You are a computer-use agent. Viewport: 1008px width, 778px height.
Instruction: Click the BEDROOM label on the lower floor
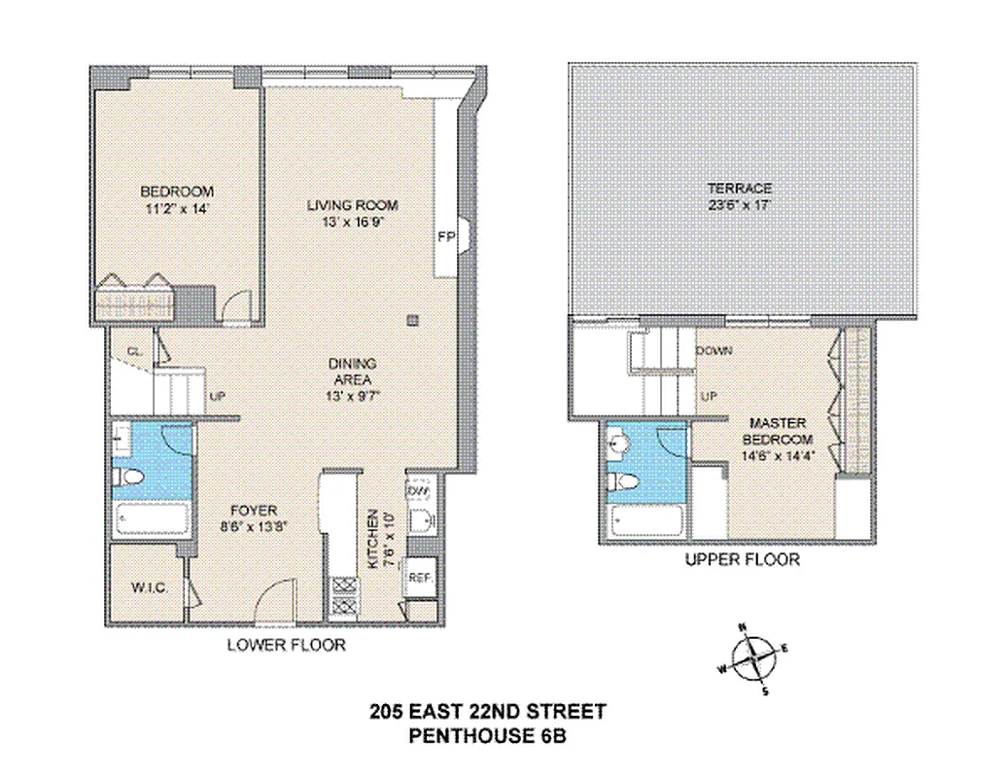coord(177,192)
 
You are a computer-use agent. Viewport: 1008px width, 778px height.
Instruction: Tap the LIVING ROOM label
coord(353,205)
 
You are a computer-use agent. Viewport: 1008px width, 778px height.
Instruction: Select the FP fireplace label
coord(446,236)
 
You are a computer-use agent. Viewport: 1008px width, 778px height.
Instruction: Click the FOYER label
coord(254,511)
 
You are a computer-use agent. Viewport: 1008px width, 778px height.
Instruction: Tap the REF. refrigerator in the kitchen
coord(420,576)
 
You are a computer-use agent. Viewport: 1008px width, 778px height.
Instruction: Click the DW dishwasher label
coord(418,491)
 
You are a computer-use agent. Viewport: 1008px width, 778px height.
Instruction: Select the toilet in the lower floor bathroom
coord(129,477)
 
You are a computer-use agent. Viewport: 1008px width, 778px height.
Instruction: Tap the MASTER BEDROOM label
coord(779,432)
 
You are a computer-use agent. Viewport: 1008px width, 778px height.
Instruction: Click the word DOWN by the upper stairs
coord(714,350)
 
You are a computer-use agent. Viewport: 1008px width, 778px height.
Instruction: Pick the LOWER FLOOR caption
coord(286,645)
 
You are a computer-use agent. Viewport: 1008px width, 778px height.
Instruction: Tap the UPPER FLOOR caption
coord(743,560)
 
